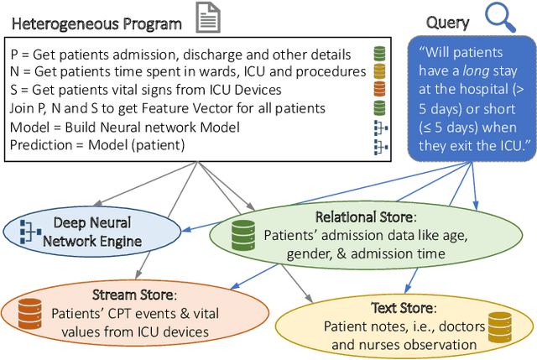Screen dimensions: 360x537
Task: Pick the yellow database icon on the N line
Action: (x=381, y=71)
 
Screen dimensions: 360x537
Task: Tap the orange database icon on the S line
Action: (x=381, y=90)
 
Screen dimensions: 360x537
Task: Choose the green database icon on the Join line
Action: (x=381, y=108)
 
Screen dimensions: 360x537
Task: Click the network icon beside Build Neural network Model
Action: (x=381, y=127)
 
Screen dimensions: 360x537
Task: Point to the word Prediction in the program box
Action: (x=41, y=145)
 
